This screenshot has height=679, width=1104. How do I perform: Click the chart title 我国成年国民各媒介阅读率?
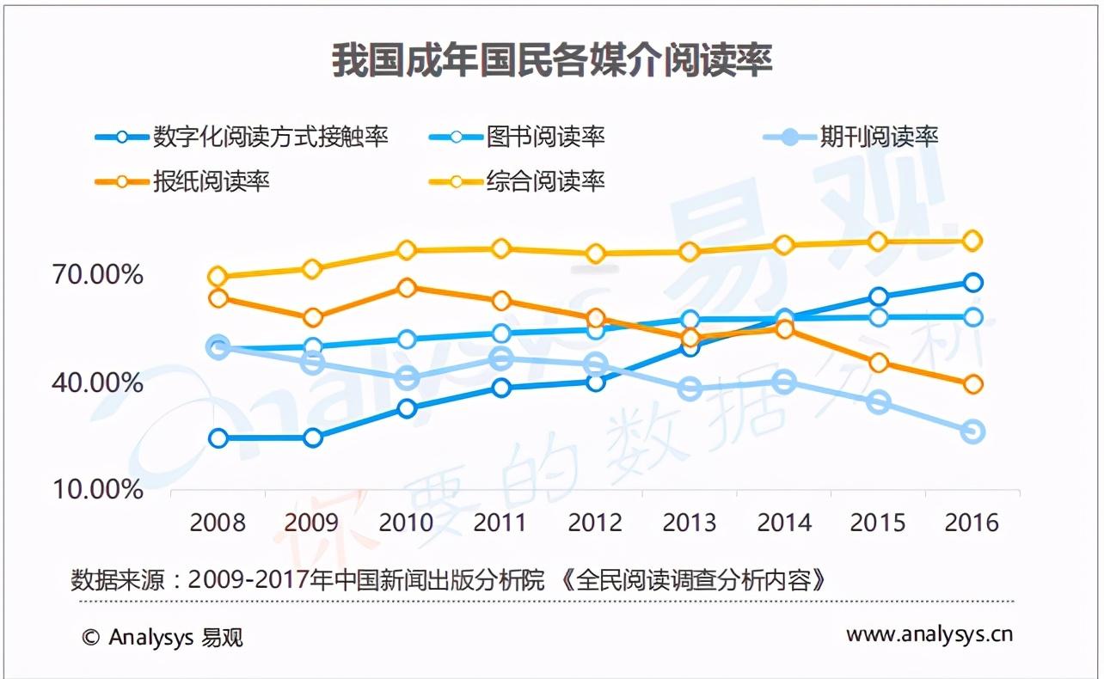(552, 62)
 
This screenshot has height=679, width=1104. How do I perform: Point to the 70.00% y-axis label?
(98, 275)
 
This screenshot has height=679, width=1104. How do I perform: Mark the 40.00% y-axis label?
(98, 382)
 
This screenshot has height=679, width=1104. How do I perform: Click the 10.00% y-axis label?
(98, 490)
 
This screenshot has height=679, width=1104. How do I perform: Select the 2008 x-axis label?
(218, 523)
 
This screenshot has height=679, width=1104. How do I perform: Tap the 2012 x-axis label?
(596, 523)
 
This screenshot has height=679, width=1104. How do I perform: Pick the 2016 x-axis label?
(972, 523)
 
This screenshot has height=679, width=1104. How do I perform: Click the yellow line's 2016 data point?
(972, 241)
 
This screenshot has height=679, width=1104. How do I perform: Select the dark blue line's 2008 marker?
(218, 438)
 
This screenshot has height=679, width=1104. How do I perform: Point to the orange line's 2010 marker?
(407, 288)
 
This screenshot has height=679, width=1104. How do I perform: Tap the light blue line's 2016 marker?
(972, 431)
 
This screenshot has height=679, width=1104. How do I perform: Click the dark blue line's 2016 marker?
(972, 282)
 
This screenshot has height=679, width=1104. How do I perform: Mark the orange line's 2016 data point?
(972, 384)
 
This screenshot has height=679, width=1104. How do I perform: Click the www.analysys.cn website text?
(929, 634)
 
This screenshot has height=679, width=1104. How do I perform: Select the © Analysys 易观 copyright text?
(163, 637)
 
